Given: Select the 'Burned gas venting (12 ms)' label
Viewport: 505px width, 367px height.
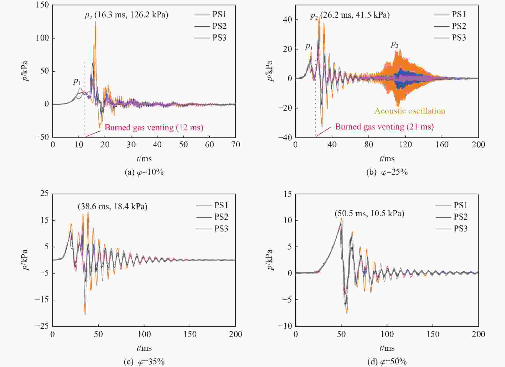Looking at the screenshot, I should (x=154, y=128).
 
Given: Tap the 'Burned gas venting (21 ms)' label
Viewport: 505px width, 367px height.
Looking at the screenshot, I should (x=384, y=127).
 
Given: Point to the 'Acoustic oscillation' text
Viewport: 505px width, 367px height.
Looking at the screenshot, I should (x=410, y=111).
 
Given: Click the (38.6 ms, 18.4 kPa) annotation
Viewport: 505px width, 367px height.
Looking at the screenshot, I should (x=112, y=207).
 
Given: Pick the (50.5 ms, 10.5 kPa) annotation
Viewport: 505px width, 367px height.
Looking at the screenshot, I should (x=369, y=213).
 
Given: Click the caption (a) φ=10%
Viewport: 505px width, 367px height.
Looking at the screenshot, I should (x=144, y=172).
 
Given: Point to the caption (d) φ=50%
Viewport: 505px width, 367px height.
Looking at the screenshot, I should (x=387, y=362).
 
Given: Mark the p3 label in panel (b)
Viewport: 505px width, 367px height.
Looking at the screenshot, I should (x=394, y=44).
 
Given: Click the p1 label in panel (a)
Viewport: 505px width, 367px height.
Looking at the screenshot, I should (x=77, y=82).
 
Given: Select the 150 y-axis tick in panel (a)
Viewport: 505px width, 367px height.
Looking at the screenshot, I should (x=43, y=5).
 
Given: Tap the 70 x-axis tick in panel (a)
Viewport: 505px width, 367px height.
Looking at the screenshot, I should (x=235, y=145).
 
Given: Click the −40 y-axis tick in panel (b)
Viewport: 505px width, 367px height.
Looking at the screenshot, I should (x=285, y=137).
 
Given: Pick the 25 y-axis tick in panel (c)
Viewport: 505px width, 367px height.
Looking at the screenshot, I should (x=44, y=193).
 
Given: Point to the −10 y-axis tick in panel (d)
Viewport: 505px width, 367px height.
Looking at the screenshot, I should (x=285, y=326).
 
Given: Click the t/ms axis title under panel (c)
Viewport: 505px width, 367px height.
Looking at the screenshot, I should (x=144, y=348).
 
